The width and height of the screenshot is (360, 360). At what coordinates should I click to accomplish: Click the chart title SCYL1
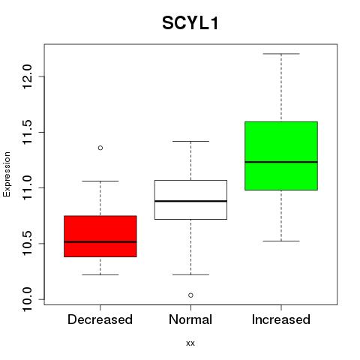[x=190, y=23]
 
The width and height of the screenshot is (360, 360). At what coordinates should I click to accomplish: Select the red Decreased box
[x=100, y=236]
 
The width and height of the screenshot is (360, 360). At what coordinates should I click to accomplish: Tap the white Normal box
[x=190, y=199]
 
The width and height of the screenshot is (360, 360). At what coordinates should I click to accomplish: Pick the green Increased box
[x=281, y=156]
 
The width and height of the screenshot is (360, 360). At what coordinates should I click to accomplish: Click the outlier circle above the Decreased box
[x=100, y=148]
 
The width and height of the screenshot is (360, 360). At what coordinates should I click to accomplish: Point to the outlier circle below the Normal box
[x=190, y=295]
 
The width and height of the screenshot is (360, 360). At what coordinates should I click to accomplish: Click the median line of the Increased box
[x=281, y=162]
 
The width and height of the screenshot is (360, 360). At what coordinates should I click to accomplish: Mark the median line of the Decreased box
[x=100, y=241]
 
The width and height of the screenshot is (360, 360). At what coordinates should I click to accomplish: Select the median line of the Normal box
[x=190, y=201]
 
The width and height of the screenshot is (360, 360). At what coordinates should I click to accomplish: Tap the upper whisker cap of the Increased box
[x=281, y=54]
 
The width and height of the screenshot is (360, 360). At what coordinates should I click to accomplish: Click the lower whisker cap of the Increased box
[x=281, y=241]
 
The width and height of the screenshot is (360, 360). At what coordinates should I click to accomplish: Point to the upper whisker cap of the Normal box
[x=190, y=141]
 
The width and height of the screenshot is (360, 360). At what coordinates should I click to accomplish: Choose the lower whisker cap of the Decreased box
[x=100, y=274]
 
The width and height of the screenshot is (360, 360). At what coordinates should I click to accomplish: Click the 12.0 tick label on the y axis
[x=27, y=76]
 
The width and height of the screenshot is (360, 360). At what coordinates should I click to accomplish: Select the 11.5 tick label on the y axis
[x=27, y=132]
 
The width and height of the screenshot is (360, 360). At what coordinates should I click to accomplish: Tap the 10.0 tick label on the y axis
[x=27, y=299]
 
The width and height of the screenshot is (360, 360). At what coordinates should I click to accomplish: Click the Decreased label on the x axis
[x=100, y=319]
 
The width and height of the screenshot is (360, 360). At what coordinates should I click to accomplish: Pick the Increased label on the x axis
[x=281, y=319]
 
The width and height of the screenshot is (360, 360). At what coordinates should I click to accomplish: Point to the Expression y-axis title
[x=7, y=174]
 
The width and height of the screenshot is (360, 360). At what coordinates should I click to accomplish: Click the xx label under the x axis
[x=190, y=343]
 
